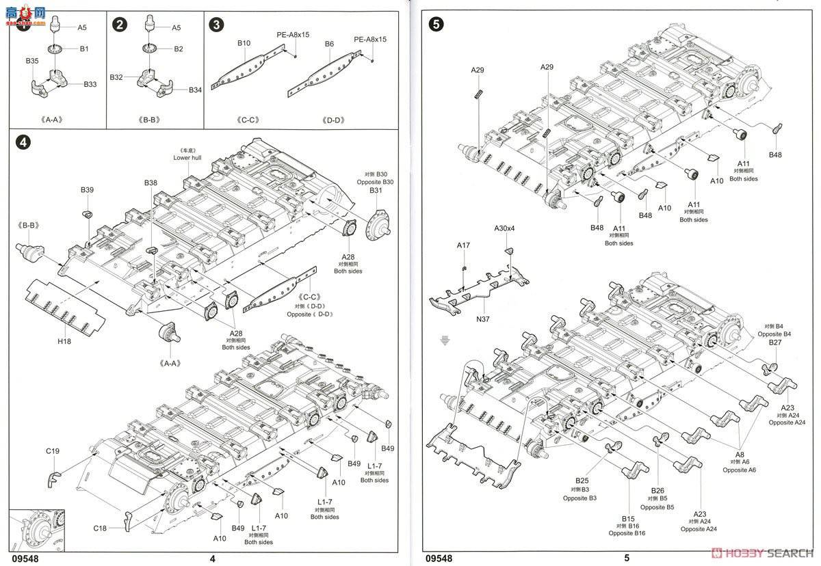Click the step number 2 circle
coord(120,25)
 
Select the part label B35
coord(32,62)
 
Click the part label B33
coord(90,84)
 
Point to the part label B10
coord(244,43)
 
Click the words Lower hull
coord(187,157)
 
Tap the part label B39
coord(87,189)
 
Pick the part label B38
coord(151,183)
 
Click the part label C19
coord(53,450)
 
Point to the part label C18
coord(101,528)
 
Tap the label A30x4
coord(505,228)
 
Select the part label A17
coord(464,245)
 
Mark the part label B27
coord(775,342)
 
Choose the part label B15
coord(629,518)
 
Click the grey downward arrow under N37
coord(445,340)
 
